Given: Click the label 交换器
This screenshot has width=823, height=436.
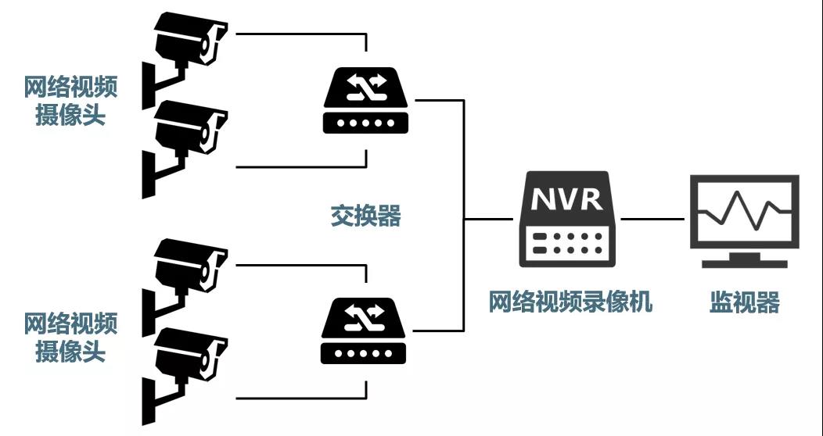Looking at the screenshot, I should (x=365, y=216).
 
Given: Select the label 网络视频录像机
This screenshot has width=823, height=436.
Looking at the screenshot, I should (x=570, y=302).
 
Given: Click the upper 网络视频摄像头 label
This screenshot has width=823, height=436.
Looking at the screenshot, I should (x=71, y=101).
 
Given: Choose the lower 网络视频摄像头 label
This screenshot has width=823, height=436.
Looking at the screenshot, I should (x=71, y=337).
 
